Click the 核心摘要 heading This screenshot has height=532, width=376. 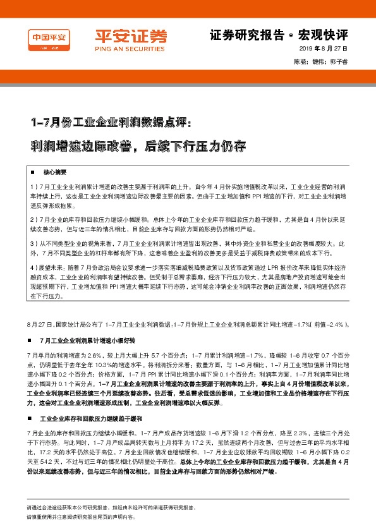[55, 172]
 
